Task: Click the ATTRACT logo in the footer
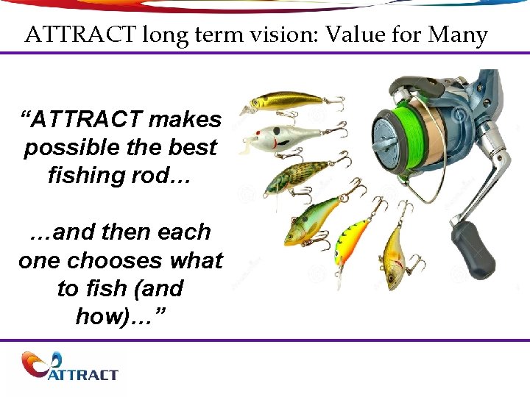[70, 367]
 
